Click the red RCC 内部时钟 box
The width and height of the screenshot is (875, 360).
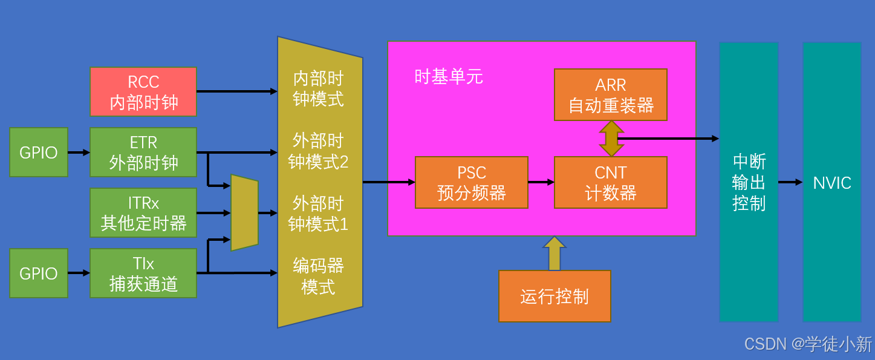coord(143,91)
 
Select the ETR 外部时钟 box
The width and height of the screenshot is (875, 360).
coord(143,152)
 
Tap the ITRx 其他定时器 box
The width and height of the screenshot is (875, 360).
coord(143,212)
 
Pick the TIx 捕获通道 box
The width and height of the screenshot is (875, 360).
coord(143,273)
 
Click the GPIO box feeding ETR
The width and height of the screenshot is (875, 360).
coord(39,152)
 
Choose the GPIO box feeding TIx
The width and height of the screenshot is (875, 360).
coord(39,273)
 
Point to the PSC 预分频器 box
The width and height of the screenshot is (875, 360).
coord(472,182)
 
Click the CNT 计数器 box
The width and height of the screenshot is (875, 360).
coord(611,182)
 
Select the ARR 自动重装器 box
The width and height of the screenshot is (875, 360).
coord(611,94)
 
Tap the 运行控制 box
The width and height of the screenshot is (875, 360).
coord(555,296)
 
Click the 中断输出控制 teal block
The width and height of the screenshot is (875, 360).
coord(749,182)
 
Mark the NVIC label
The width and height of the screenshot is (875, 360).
coord(832,183)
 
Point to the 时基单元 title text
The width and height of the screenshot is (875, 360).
coord(449,77)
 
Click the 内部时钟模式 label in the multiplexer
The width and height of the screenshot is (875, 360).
coord(319,88)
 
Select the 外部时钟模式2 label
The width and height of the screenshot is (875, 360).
coord(319,151)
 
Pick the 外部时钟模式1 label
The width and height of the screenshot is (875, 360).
coord(319,213)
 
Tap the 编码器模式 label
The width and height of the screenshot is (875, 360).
coord(319,275)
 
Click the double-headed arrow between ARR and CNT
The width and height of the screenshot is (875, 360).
coord(611,139)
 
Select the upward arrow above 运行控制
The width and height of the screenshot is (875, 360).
coord(555,253)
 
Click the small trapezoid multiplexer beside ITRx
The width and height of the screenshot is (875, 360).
coord(245,212)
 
